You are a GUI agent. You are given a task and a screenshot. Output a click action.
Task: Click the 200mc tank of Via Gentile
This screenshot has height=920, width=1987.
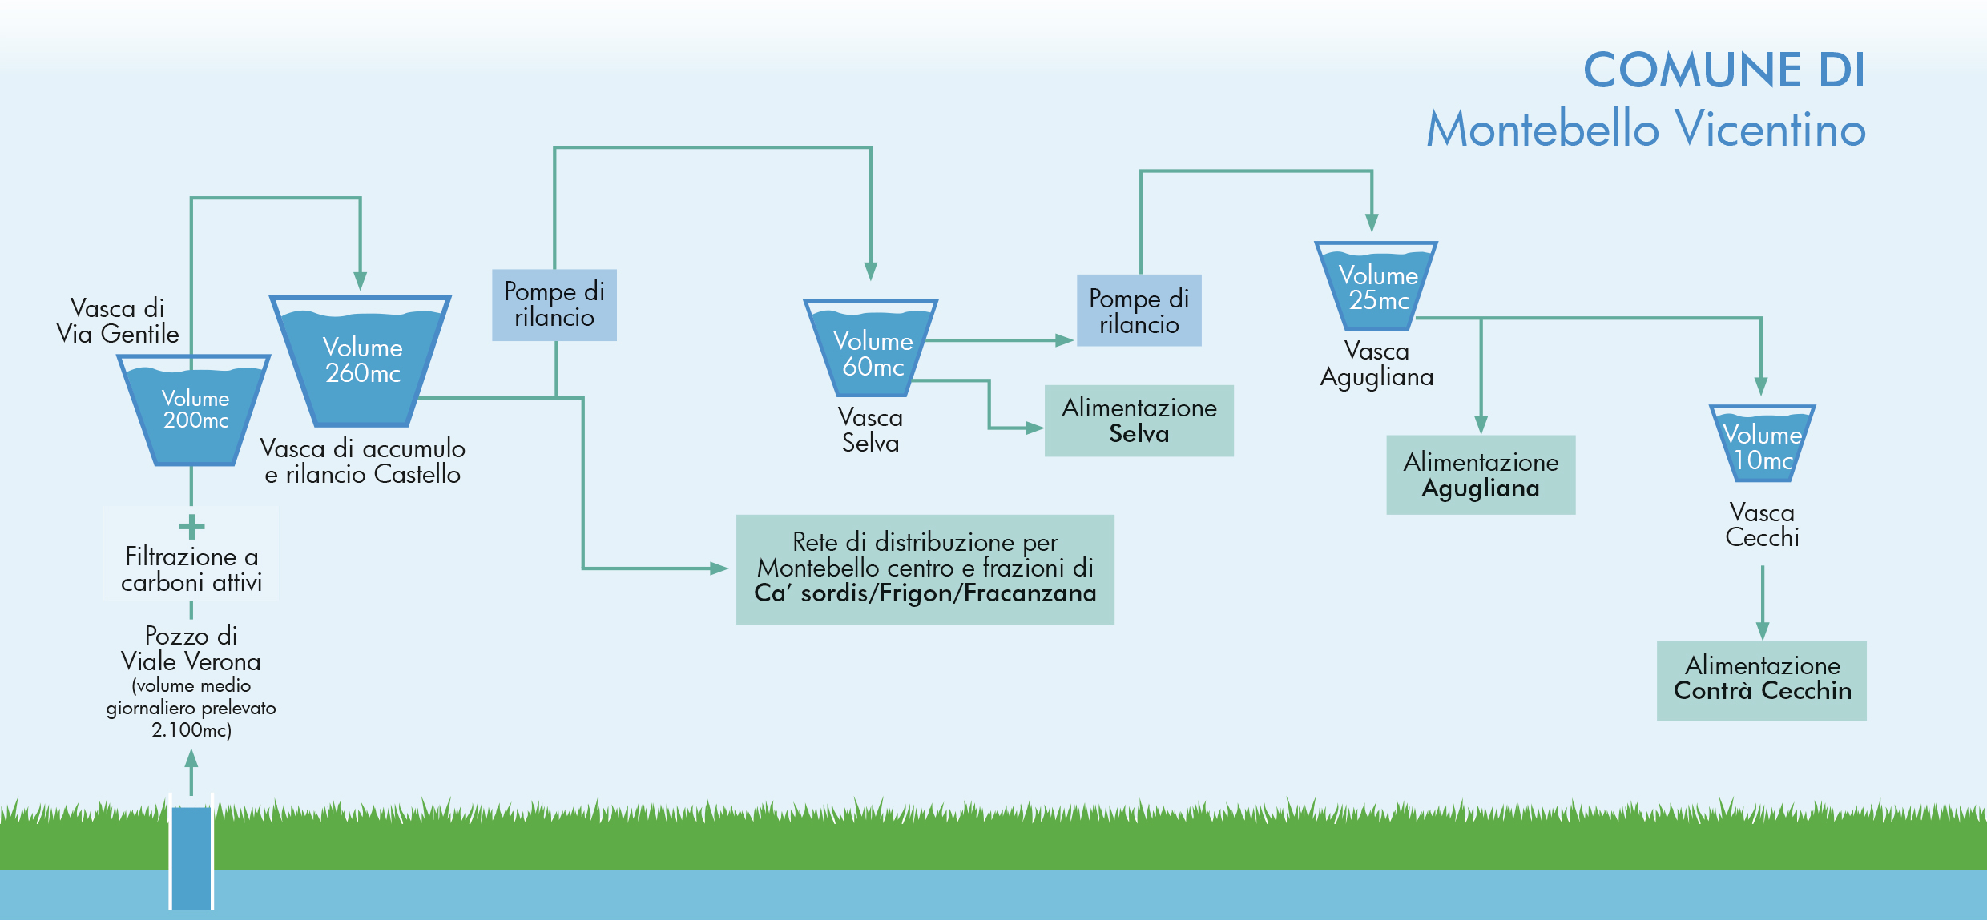pos(195,409)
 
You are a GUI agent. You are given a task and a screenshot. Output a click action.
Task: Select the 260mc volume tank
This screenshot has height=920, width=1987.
pos(362,360)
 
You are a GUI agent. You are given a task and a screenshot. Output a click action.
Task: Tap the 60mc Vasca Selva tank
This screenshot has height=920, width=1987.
pos(872,349)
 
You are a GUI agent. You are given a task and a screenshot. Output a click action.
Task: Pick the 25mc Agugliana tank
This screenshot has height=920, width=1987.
pos(1377,287)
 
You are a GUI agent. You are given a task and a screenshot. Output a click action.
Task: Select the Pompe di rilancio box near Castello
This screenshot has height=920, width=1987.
pos(554,305)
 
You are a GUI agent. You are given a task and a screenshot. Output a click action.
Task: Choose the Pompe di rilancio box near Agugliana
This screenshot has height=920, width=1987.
pos(1139,311)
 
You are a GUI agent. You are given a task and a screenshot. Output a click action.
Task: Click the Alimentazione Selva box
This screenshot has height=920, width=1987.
pos(1139,421)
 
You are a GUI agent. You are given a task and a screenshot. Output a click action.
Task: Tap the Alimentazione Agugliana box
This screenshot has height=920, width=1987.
pos(1481,475)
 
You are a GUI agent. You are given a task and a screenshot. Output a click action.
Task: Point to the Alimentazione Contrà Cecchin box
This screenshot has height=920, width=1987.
pos(1761,680)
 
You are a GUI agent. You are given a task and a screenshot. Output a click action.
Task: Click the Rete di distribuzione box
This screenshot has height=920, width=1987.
pos(925,569)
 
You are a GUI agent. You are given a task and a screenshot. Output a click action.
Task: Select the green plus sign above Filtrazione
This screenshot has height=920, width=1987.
pos(191,527)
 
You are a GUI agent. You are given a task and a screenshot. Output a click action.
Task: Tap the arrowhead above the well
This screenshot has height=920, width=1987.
pos(191,757)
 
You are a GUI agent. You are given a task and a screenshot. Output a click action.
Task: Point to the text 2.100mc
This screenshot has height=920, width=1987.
pos(191,730)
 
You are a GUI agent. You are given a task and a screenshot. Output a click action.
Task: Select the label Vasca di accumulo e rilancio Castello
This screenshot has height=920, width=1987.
pos(363,461)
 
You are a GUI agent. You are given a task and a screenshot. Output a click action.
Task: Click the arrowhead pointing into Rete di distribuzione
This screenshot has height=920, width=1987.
pos(719,568)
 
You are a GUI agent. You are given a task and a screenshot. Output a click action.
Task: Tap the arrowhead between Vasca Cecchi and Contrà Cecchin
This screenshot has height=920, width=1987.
pos(1763,630)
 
